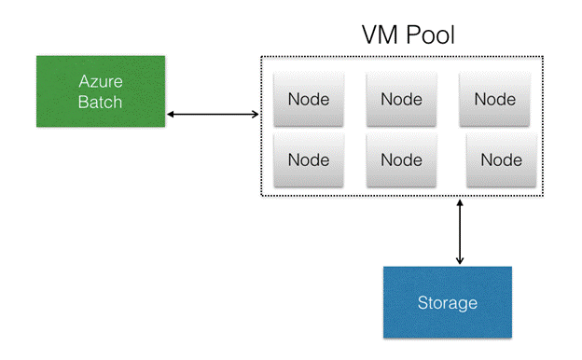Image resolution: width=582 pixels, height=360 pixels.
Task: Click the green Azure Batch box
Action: (101, 90)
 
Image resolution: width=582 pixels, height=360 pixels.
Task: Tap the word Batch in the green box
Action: (101, 102)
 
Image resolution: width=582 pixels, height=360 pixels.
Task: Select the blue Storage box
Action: (448, 302)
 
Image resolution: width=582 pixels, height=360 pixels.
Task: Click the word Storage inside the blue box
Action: (448, 303)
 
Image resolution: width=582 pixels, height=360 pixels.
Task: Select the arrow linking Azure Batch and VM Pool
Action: (213, 115)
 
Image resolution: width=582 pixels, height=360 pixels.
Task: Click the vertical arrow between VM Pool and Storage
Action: (461, 230)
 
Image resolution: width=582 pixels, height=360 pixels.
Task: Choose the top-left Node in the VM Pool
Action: (308, 99)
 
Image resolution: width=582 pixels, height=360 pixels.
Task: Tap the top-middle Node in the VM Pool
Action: (402, 99)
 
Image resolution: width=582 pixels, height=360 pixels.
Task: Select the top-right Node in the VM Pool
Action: (494, 99)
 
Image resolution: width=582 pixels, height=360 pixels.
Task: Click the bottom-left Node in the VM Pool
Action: (308, 159)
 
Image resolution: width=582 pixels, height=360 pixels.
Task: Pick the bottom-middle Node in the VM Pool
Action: (402, 159)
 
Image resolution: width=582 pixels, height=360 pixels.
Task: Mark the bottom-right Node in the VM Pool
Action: (501, 159)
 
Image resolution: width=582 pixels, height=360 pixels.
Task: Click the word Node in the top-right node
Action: (494, 99)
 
